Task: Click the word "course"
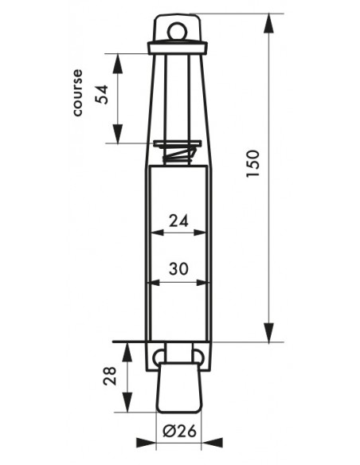78,92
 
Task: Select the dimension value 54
102,94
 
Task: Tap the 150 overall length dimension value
253,164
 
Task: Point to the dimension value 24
178,221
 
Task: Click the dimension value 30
178,269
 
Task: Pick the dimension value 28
110,376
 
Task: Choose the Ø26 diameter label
180,431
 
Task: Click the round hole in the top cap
178,31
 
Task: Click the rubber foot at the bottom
179,387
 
